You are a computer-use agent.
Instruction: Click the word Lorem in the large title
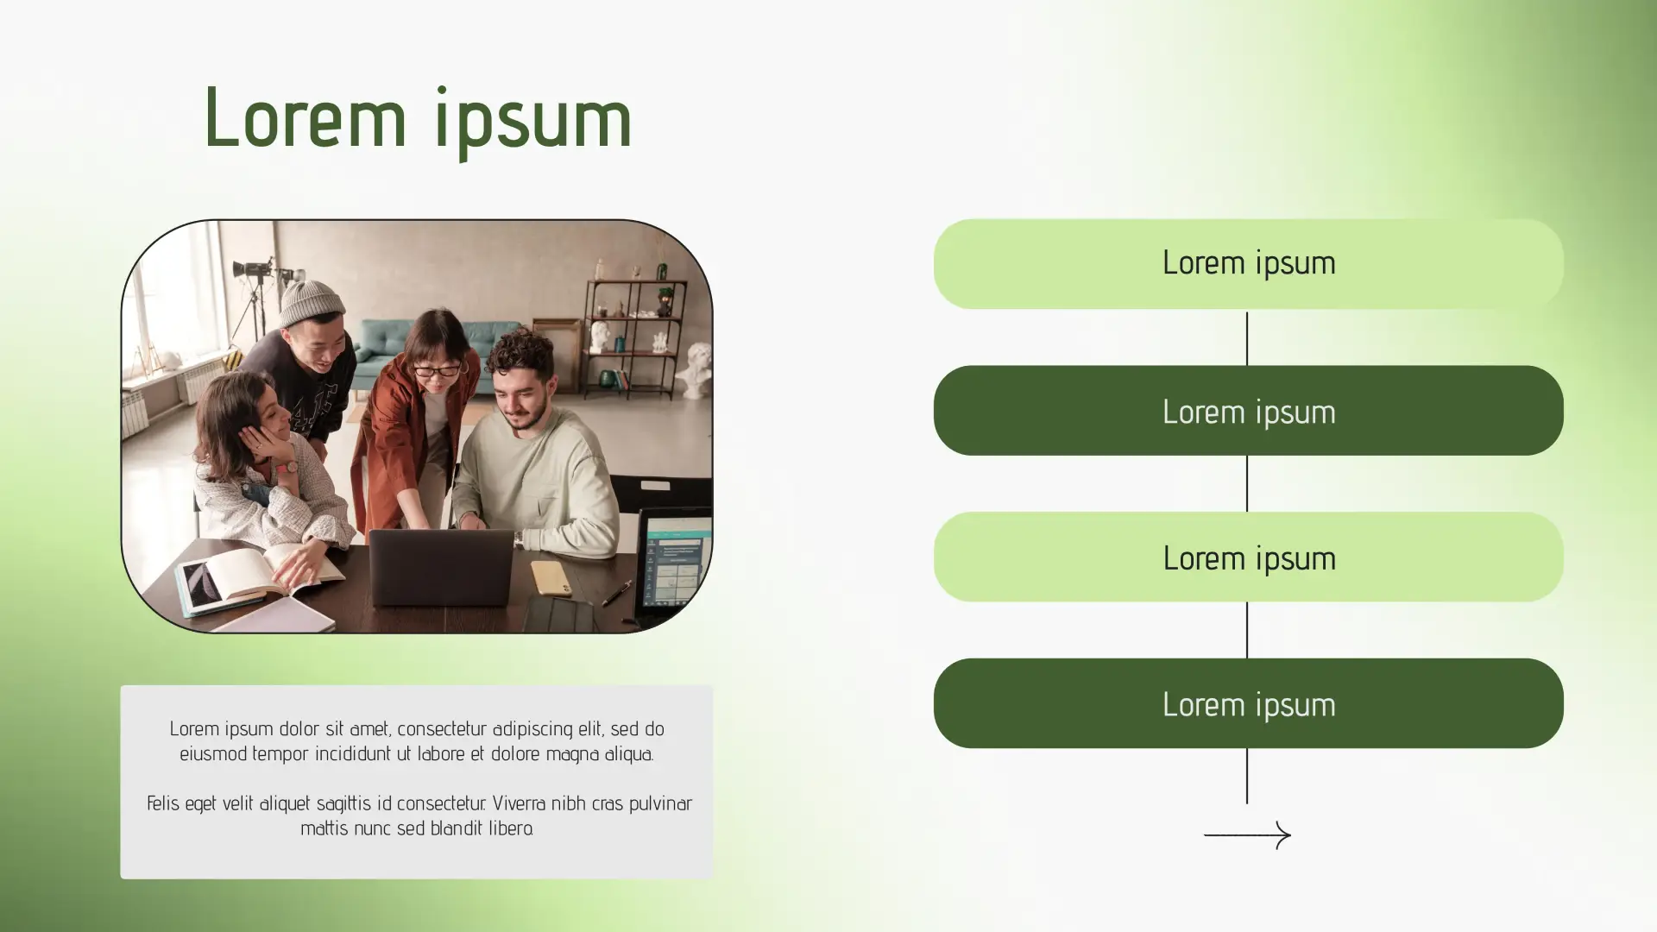pyautogui.click(x=305, y=118)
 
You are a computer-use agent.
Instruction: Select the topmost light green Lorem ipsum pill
pyautogui.click(x=1248, y=263)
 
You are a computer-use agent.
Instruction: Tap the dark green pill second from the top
pyautogui.click(x=1248, y=410)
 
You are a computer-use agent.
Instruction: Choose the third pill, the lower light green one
pyautogui.click(x=1248, y=557)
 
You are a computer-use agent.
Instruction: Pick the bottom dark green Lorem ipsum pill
pyautogui.click(x=1248, y=703)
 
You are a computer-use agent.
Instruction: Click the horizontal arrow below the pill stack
pyautogui.click(x=1247, y=834)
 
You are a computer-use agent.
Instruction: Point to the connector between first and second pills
pyautogui.click(x=1247, y=337)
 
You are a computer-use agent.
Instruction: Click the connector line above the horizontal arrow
pyautogui.click(x=1247, y=776)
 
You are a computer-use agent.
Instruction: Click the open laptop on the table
pyautogui.click(x=441, y=567)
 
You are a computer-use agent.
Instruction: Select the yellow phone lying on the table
pyautogui.click(x=551, y=577)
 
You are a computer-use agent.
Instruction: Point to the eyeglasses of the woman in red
pyautogui.click(x=438, y=371)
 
